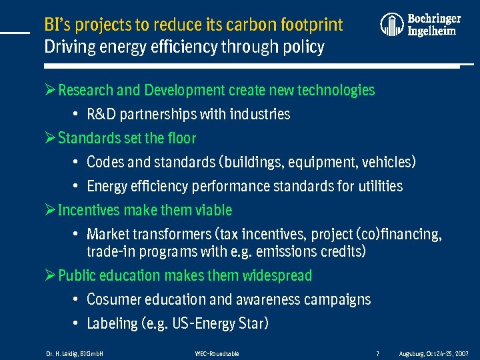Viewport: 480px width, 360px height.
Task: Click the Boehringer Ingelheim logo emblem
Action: (x=392, y=25)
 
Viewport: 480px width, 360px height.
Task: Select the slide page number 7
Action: (x=377, y=353)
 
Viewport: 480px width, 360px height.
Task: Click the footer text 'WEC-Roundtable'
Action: (x=217, y=353)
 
